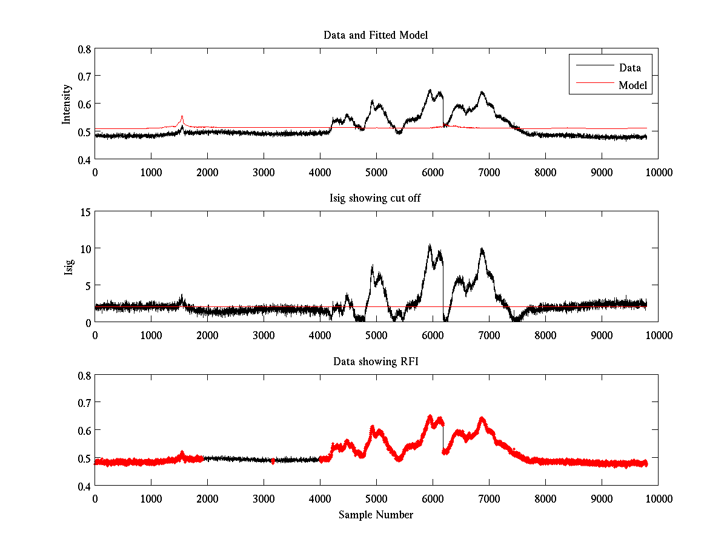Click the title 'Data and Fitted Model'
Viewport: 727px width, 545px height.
point(376,35)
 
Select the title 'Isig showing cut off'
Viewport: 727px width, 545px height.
point(376,199)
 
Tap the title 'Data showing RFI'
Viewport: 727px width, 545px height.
point(376,362)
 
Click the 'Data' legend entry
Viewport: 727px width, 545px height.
point(629,68)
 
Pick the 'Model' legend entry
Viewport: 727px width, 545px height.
point(633,85)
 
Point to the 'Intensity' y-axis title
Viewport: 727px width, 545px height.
point(67,104)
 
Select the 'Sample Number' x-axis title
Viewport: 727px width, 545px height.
point(376,515)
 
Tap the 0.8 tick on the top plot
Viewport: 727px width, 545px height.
point(84,49)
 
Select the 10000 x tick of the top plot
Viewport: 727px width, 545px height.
point(658,172)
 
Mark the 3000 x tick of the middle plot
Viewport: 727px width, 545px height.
point(264,335)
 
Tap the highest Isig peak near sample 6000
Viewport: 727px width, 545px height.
point(430,245)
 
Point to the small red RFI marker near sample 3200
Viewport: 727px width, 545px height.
point(273,461)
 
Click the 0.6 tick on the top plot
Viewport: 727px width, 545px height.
point(84,104)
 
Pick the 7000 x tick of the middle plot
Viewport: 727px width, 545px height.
point(489,335)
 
